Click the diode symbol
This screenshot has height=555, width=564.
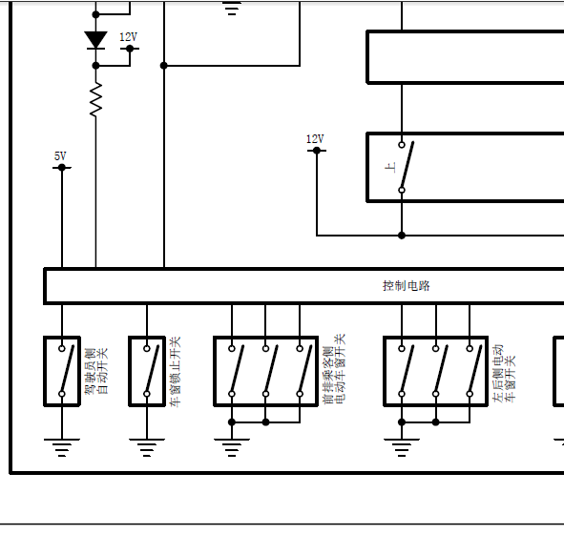pyautogui.click(x=95, y=40)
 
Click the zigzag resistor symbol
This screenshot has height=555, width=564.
pyautogui.click(x=95, y=99)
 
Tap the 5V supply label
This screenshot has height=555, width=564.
pyautogui.click(x=60, y=156)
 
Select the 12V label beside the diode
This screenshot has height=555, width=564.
pyautogui.click(x=129, y=36)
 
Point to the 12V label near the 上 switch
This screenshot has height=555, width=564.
pyautogui.click(x=315, y=139)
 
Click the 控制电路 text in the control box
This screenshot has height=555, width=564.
pyautogui.click(x=407, y=286)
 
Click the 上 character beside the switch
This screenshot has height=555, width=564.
pyautogui.click(x=390, y=168)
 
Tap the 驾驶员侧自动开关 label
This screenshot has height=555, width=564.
pyautogui.click(x=96, y=371)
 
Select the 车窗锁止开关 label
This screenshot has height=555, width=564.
pyautogui.click(x=176, y=372)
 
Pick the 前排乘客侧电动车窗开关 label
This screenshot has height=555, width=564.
pyautogui.click(x=334, y=369)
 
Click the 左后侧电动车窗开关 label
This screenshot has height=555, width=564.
pyautogui.click(x=504, y=373)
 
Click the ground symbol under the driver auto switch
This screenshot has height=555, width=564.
pyautogui.click(x=62, y=447)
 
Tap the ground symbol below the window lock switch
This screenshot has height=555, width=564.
pyautogui.click(x=147, y=447)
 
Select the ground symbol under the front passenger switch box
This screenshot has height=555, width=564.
pyautogui.click(x=232, y=447)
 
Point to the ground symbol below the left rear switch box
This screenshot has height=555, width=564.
pyautogui.click(x=402, y=447)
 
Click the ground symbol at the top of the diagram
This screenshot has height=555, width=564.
pyautogui.click(x=232, y=8)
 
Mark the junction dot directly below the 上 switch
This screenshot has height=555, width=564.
pyautogui.click(x=402, y=236)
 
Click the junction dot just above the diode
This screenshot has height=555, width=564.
pyautogui.click(x=95, y=14)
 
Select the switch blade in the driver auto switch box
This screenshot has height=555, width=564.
pyautogui.click(x=68, y=369)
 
